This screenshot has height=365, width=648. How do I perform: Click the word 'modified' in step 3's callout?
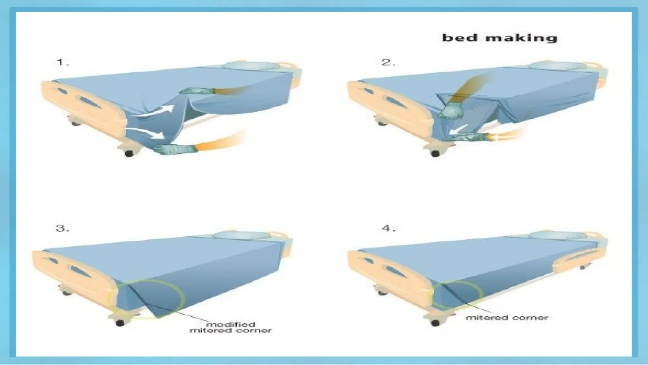click(230, 324)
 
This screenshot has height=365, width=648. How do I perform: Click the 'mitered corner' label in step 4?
click(507, 317)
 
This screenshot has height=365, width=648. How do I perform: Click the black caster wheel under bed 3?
click(120, 323)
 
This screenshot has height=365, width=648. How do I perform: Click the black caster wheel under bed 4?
click(435, 323)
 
